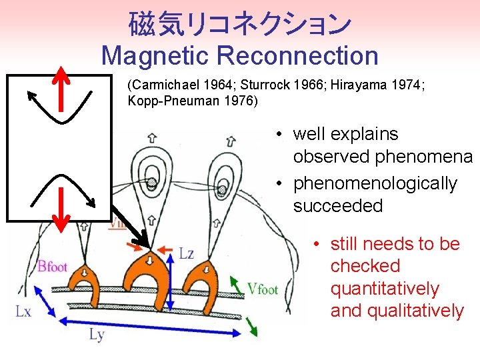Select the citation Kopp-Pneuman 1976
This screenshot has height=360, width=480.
192,101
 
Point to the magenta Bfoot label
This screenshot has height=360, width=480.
52,267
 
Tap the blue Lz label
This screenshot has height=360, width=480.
187,254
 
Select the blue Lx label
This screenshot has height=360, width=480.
23,311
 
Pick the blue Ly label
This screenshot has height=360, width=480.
96,335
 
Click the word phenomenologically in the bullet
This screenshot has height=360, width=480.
375,183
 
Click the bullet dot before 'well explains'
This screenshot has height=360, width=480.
283,135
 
